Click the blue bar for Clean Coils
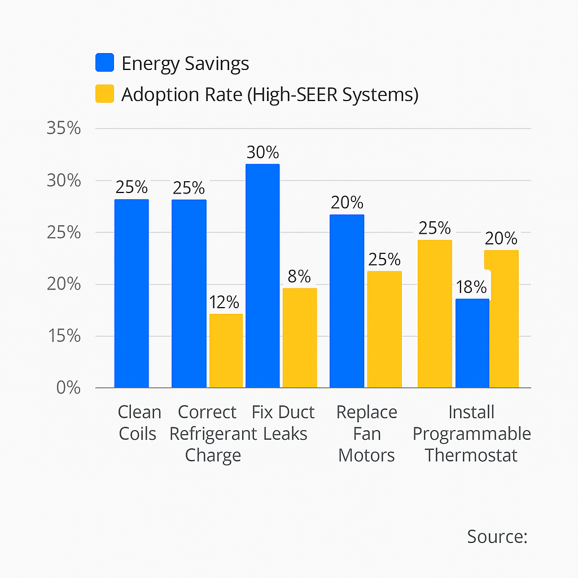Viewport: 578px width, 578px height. pos(132,294)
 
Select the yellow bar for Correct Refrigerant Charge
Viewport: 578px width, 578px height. pos(226,351)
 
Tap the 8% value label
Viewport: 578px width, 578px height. pos(299,277)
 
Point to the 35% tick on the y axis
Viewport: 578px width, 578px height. pos(63,129)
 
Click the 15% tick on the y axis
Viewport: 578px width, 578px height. pos(63,336)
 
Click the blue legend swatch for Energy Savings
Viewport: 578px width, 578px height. pos(105,63)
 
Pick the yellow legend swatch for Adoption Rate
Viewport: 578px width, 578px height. pos(105,94)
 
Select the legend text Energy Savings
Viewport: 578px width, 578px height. pos(185,64)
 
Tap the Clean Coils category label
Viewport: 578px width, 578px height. pos(139,423)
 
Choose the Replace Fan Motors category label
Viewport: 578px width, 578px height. pos(366,433)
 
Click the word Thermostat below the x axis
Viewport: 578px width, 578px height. pos(471,455)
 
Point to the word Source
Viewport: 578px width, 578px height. pos(497,536)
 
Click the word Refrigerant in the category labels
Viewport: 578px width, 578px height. pos(213,433)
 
